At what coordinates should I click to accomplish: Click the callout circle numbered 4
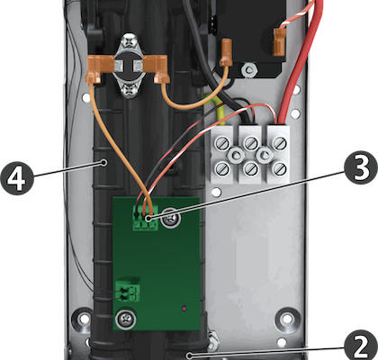[17, 178]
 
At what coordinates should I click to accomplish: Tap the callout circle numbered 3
[360, 168]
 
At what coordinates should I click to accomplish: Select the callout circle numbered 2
[361, 346]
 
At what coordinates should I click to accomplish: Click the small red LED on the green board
[184, 308]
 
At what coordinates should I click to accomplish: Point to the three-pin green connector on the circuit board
[145, 219]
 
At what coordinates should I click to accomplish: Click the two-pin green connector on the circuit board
[128, 291]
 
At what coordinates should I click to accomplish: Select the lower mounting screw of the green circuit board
[126, 319]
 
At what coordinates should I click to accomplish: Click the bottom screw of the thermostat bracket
[130, 91]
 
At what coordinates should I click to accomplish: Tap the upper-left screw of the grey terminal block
[222, 143]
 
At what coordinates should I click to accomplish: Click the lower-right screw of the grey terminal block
[279, 169]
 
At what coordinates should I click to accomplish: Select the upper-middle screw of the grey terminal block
[250, 143]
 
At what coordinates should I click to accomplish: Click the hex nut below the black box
[248, 70]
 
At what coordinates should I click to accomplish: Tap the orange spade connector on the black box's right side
[280, 41]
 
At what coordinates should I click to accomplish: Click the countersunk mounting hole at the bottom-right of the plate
[288, 319]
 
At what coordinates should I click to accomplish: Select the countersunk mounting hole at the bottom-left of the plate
[83, 319]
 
